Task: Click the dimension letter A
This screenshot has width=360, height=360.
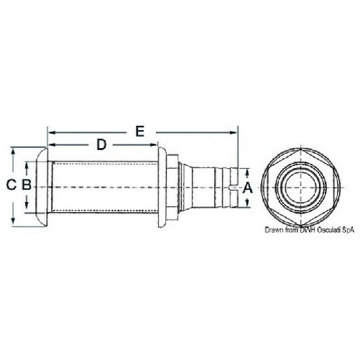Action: [248, 188]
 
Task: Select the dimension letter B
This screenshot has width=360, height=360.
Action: [26, 185]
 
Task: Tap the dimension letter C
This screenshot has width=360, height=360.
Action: [11, 185]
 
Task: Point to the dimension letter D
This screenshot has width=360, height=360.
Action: [101, 144]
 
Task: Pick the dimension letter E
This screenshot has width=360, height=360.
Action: [140, 130]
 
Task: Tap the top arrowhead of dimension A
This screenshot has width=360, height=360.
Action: [248, 171]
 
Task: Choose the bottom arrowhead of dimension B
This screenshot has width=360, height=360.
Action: [28, 210]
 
